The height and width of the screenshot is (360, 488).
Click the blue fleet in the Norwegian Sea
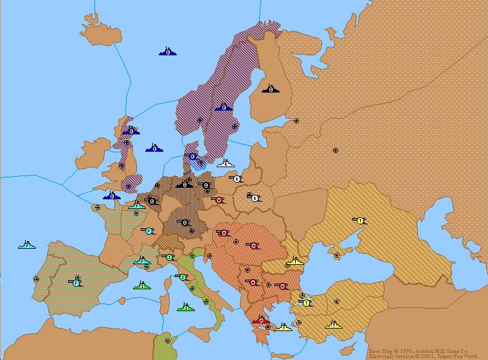coord(168,51)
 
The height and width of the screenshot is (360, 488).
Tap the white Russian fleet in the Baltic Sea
coord(225,163)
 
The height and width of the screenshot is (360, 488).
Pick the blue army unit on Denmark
coord(192,156)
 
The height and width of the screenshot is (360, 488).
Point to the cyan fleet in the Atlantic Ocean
coord(28,245)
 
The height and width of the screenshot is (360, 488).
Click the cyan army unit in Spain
coord(75,282)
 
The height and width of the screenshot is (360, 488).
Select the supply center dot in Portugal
coord(36,279)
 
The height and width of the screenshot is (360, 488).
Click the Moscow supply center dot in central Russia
coord(335,150)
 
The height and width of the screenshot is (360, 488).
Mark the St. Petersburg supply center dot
coord(296,120)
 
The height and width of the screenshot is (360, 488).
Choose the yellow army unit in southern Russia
coord(360,221)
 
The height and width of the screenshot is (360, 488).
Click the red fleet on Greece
coord(260,319)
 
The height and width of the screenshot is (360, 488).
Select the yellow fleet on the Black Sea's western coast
coord(294,261)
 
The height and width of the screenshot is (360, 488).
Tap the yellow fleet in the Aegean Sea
coord(283,327)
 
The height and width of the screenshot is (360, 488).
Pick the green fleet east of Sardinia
coord(185,307)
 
